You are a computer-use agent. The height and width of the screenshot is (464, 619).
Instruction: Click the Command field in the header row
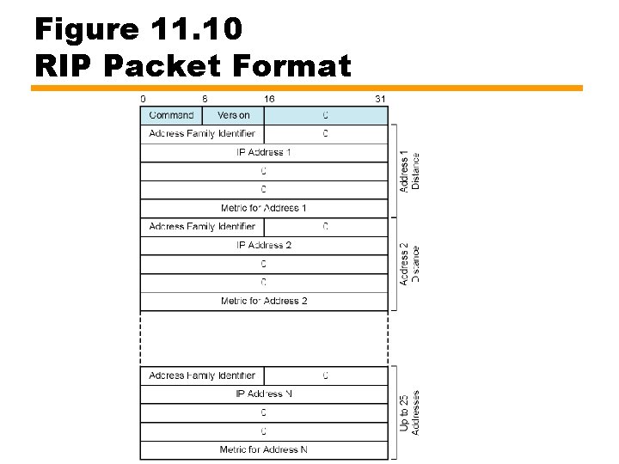[x=171, y=115]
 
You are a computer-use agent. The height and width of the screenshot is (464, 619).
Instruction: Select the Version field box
[x=233, y=115]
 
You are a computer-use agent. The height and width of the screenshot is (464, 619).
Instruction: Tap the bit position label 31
[x=380, y=99]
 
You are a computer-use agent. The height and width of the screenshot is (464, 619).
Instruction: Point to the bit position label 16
[x=269, y=99]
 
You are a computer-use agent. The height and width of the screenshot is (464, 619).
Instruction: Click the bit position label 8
[x=205, y=99]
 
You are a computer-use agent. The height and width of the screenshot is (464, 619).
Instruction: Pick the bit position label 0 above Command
[x=143, y=99]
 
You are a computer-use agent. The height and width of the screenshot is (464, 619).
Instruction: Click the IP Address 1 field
[x=264, y=152]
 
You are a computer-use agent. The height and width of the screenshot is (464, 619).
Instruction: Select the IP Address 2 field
[x=264, y=245]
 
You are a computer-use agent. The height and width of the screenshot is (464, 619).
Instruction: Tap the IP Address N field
[x=264, y=394]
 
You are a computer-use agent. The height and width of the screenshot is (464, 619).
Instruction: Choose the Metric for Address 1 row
[x=264, y=208]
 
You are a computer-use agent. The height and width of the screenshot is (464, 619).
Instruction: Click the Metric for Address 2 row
[x=264, y=301]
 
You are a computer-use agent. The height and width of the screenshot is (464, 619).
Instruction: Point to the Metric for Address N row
[x=264, y=449]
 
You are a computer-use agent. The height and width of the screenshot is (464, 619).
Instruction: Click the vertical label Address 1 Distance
[x=410, y=171]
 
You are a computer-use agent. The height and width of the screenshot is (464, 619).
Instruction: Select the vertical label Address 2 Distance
[x=410, y=264]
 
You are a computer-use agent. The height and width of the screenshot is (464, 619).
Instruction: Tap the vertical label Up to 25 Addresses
[x=410, y=412]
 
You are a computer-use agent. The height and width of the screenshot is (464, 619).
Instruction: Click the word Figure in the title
[x=86, y=29]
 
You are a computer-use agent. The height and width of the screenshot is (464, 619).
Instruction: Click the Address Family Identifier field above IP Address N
[x=202, y=375]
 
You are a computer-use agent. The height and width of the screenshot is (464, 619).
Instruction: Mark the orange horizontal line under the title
[x=307, y=88]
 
